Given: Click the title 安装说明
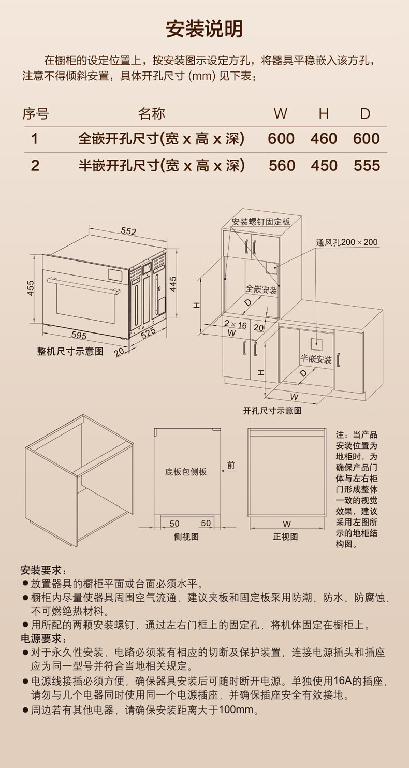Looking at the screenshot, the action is [x=204, y=29].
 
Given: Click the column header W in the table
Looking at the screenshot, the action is [x=281, y=113].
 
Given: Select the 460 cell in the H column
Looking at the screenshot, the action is [x=324, y=139].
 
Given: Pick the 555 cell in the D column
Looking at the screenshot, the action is [x=367, y=165].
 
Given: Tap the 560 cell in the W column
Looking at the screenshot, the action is [x=282, y=165].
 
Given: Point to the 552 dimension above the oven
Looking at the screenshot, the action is [x=128, y=231].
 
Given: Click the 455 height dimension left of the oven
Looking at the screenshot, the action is [x=31, y=288].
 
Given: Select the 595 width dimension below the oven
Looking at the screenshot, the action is [x=79, y=335].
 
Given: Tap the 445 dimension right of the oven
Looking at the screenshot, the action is [x=173, y=283].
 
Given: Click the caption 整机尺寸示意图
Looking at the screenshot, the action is [x=70, y=351].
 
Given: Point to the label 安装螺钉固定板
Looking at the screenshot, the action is [x=261, y=222].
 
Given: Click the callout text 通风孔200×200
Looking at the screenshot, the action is [x=347, y=242].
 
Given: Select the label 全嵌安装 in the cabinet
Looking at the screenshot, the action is [x=261, y=289].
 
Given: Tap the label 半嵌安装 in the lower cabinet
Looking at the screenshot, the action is [x=316, y=359].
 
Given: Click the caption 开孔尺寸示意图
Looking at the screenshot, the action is [x=272, y=411].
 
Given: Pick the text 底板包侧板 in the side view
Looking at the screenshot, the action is [x=186, y=472].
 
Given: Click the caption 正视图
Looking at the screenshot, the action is [x=285, y=537].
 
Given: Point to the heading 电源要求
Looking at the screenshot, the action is [x=43, y=638].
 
